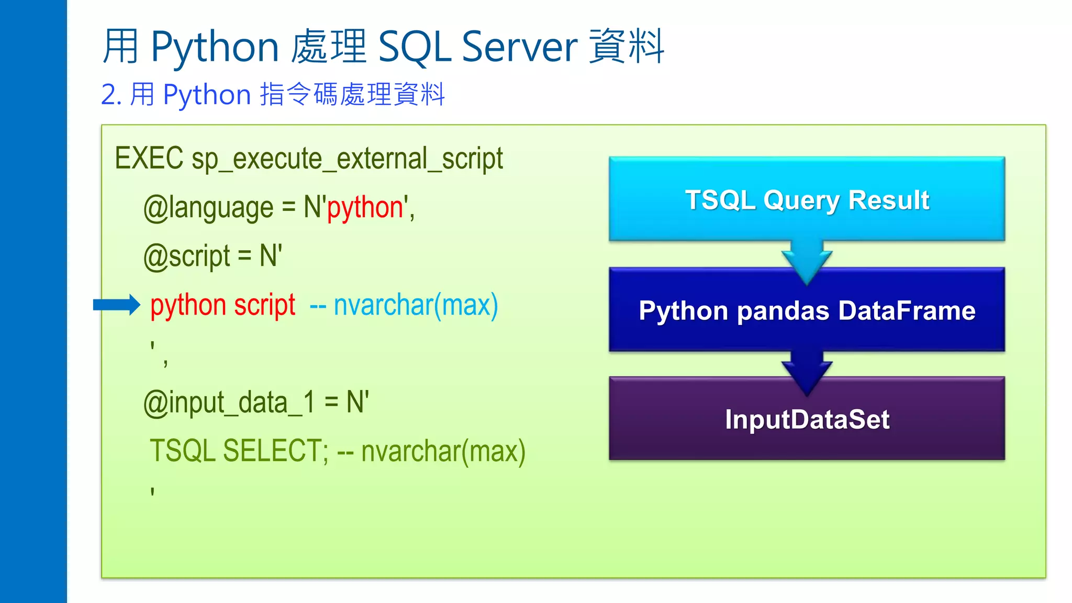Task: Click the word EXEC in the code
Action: click(149, 159)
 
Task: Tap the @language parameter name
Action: click(208, 208)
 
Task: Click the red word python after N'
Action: click(365, 208)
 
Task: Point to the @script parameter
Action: click(186, 256)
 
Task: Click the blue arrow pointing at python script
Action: click(116, 305)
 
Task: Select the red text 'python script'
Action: click(222, 305)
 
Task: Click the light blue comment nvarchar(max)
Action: click(416, 305)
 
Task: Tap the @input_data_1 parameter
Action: click(229, 403)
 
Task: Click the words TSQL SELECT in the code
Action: click(239, 451)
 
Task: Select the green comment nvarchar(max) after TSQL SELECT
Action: click(443, 451)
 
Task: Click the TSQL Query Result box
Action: click(807, 199)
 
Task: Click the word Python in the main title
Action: click(215, 47)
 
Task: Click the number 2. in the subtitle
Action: click(111, 95)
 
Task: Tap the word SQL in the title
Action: click(414, 47)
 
